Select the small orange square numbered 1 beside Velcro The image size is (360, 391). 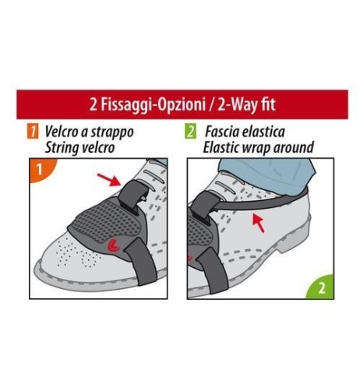[x=34, y=132]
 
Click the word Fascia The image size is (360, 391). [x=222, y=132]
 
